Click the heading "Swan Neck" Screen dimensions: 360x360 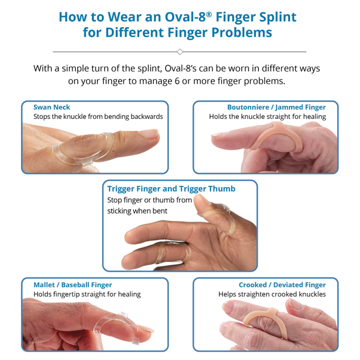[51, 107]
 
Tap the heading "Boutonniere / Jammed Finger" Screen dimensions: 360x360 [276, 107]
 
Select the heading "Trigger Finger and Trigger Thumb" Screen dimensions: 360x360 [171, 189]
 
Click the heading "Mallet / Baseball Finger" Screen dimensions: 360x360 [73, 284]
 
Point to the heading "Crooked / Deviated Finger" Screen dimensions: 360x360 [282, 284]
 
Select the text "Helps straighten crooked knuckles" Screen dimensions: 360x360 [272, 294]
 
